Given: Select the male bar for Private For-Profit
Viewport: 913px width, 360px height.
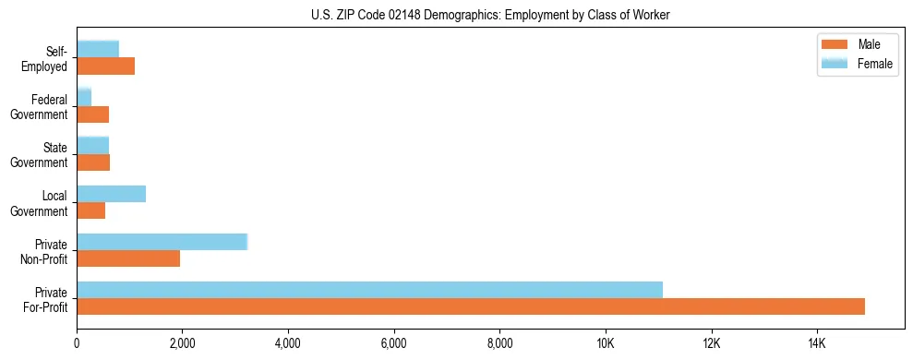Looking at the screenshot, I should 471,306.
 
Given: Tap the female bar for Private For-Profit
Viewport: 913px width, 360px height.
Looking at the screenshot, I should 369,290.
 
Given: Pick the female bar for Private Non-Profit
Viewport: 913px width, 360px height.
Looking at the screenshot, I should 162,242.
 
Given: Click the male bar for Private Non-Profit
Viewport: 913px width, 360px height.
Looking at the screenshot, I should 128,258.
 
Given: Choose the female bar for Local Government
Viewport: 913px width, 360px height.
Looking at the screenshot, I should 112,194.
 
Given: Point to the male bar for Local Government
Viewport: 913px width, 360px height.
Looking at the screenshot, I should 91,210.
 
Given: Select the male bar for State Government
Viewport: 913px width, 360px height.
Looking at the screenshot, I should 93,162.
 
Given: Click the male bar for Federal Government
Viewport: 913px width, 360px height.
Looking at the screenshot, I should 93,114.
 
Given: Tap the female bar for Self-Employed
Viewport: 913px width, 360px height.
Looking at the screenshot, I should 98,49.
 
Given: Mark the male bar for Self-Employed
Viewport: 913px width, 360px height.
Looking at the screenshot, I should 106,66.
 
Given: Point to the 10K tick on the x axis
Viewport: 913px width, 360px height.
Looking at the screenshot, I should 606,344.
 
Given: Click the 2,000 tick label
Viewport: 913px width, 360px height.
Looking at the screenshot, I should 183,344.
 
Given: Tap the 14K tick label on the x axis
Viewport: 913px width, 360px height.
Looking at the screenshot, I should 817,344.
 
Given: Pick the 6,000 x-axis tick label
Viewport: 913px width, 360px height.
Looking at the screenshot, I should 394,344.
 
